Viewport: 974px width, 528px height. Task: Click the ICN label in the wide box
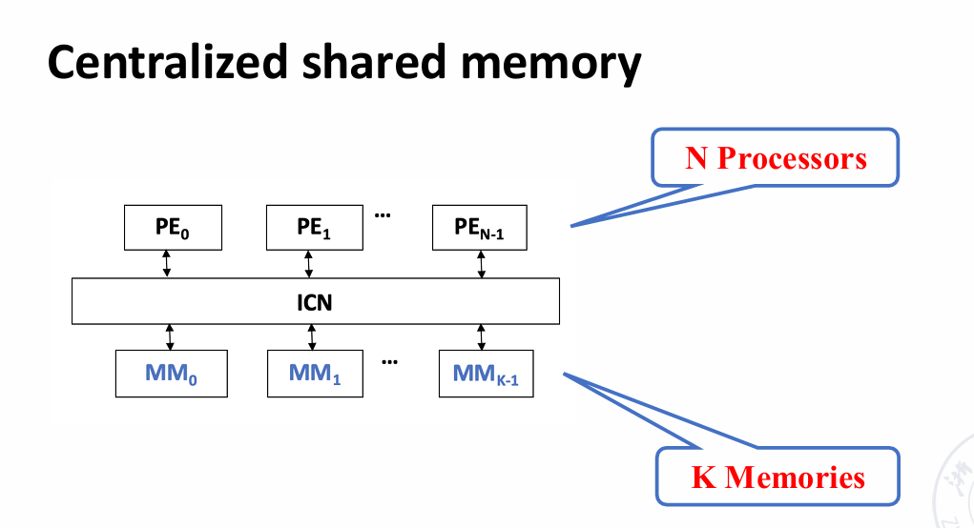point(315,302)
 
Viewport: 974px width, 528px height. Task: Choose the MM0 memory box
point(172,374)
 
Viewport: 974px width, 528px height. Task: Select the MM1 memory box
point(315,374)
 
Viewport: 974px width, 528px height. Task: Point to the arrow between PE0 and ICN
point(167,264)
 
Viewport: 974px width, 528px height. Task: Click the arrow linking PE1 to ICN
point(308,264)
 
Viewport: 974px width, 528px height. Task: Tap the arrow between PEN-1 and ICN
point(481,264)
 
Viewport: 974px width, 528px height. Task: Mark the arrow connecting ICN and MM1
point(312,337)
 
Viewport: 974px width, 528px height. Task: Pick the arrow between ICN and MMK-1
point(481,337)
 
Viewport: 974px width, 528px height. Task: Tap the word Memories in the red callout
point(795,477)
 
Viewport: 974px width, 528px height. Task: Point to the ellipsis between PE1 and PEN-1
point(383,215)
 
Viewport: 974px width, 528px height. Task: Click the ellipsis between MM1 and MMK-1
point(389,361)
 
